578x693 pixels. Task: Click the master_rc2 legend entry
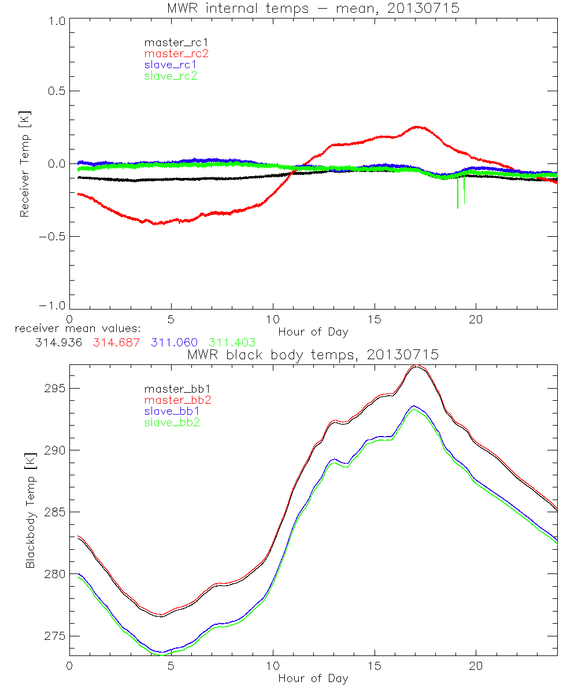(x=176, y=53)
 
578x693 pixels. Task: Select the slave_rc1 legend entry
(x=171, y=65)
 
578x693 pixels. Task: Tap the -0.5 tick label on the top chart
(x=53, y=236)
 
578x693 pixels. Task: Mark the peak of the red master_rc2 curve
(x=416, y=126)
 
